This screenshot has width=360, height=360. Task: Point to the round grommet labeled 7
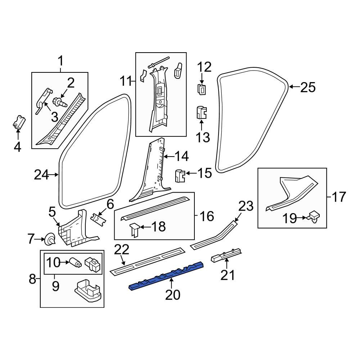49,239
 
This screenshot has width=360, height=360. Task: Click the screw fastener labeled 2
60,102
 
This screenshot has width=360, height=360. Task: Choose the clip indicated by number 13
202,113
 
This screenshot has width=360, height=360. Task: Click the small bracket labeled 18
134,229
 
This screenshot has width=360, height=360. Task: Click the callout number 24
42,175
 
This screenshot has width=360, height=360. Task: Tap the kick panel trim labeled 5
76,230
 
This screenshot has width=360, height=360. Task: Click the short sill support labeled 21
226,256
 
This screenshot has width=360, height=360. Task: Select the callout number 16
207,216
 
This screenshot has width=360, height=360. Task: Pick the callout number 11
126,82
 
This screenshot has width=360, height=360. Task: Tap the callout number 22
121,249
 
